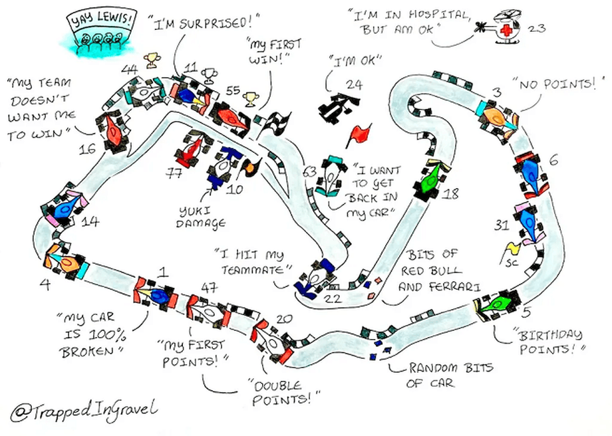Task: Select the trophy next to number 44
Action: [152, 60]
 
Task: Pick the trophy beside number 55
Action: [250, 100]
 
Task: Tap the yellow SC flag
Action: [512, 249]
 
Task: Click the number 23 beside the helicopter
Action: [537, 28]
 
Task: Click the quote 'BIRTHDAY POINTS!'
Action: [547, 341]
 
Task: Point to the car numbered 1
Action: [157, 294]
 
